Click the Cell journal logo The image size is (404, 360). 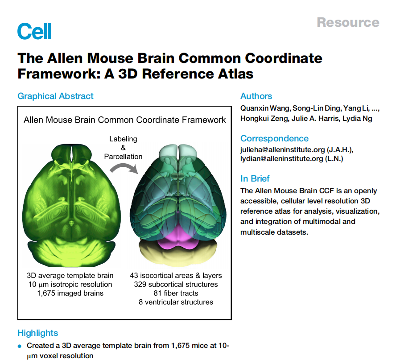coord(34,31)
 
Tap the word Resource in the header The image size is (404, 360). coord(348,22)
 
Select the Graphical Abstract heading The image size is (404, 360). coord(55,96)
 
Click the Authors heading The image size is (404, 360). coord(256,96)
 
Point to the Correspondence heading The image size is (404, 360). coord(274,138)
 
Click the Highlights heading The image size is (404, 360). coord(37,333)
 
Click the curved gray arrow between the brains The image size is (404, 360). coord(124,169)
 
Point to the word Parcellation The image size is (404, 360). coord(123,157)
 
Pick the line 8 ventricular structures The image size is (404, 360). coord(176,302)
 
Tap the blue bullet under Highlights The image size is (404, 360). coord(19,346)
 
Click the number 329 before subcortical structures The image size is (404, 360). coord(140,284)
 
